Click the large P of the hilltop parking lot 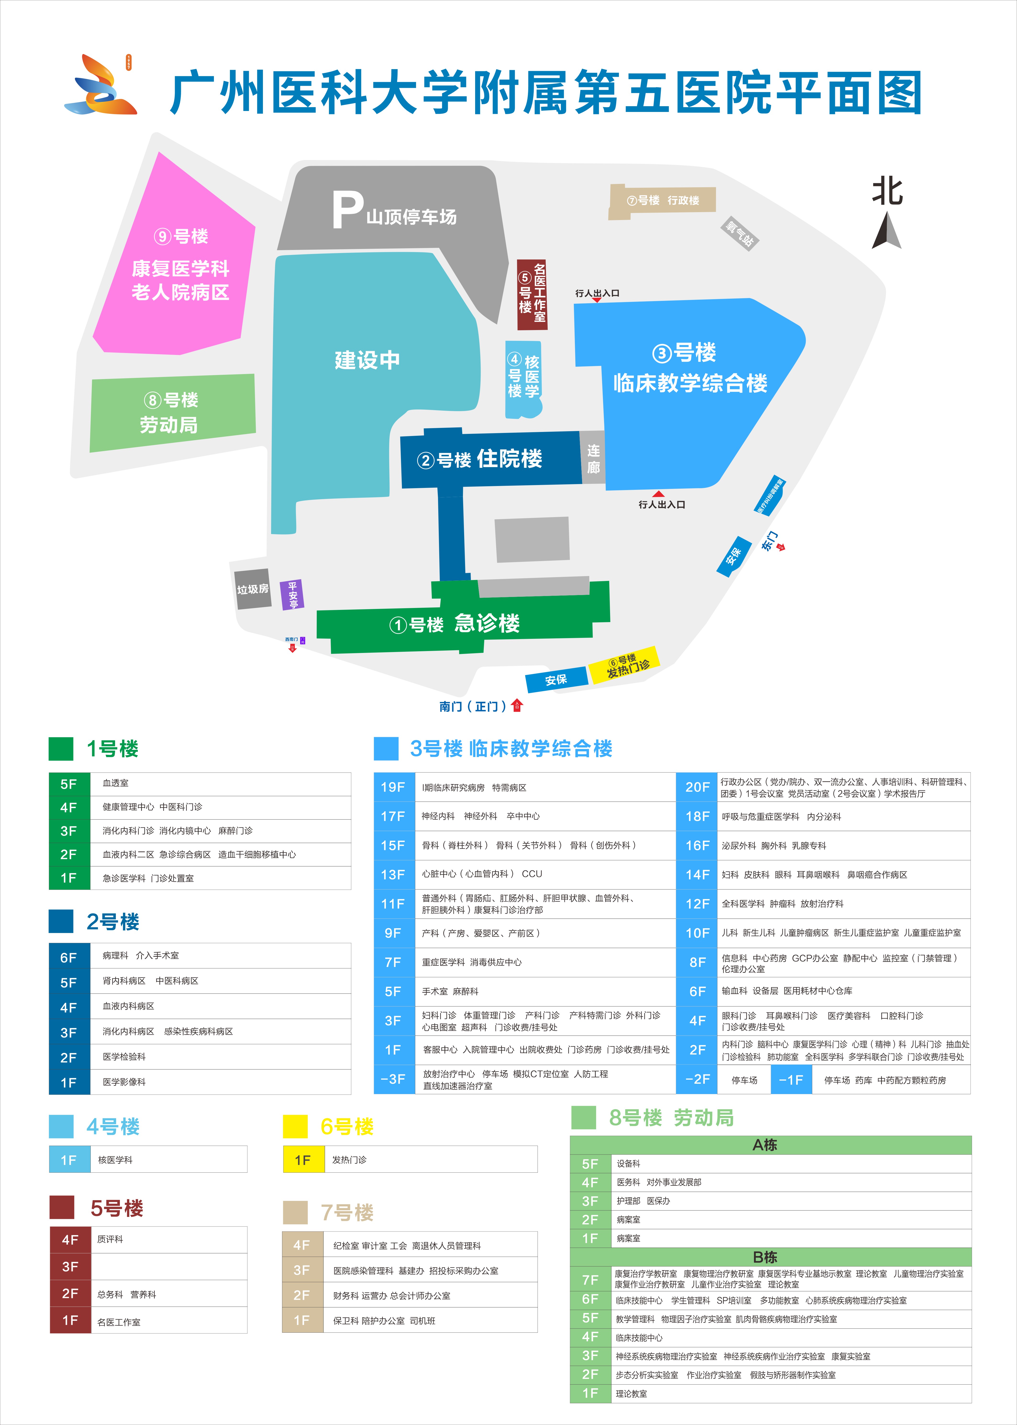pyautogui.click(x=347, y=210)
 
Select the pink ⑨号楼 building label pyautogui.click(x=181, y=237)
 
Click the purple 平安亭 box pyautogui.click(x=292, y=594)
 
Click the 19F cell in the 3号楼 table pyautogui.click(x=393, y=787)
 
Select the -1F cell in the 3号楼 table pyautogui.click(x=791, y=1080)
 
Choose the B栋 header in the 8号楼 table pyautogui.click(x=765, y=1257)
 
